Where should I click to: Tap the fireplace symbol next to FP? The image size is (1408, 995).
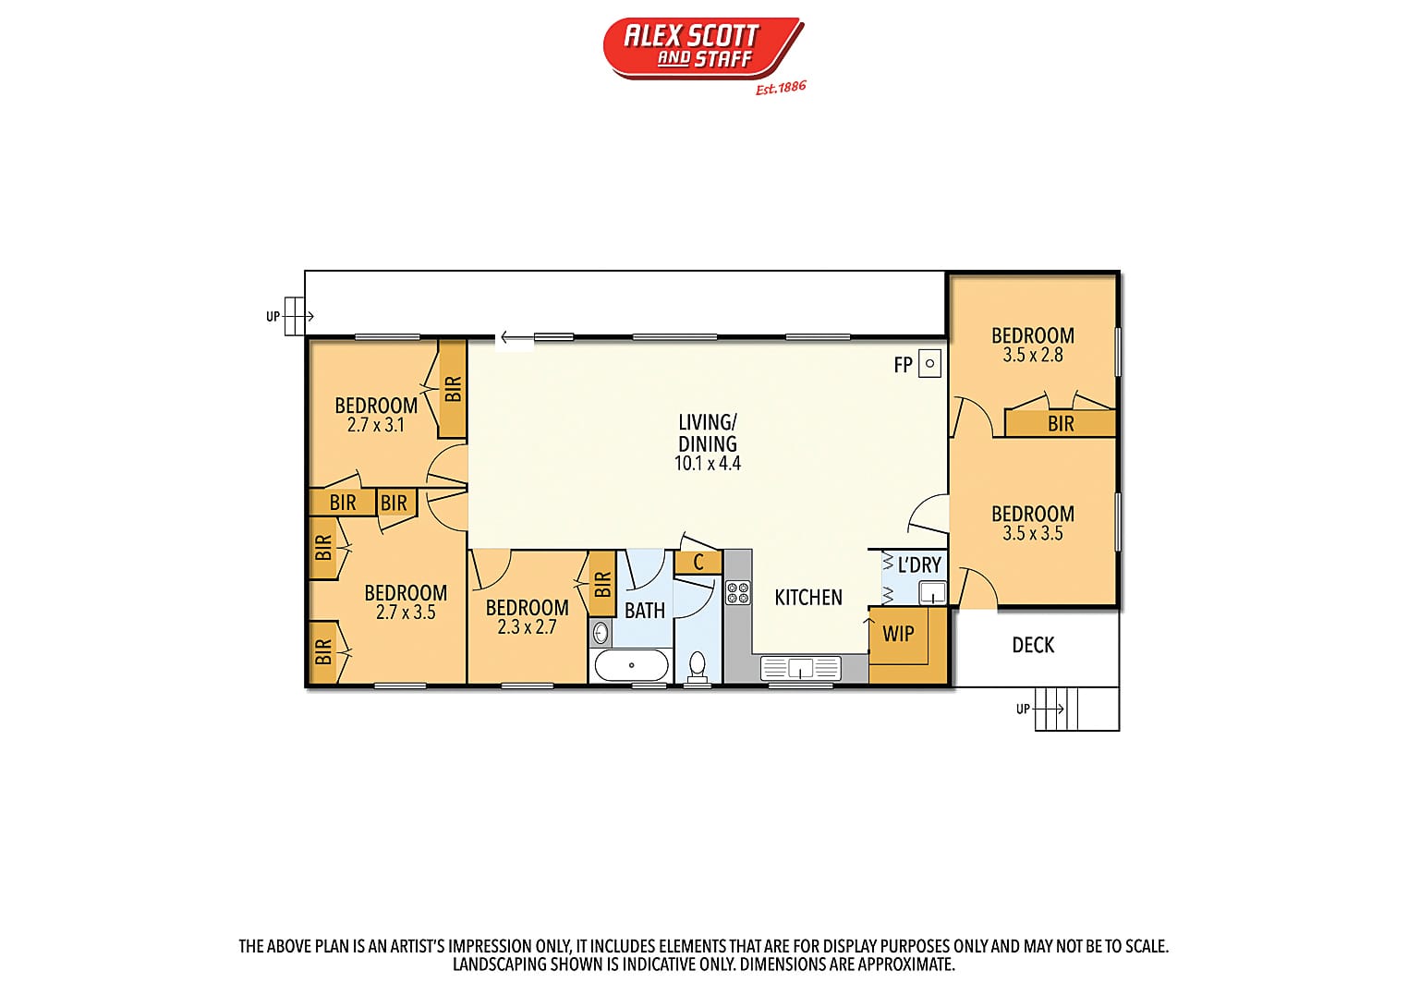click(929, 363)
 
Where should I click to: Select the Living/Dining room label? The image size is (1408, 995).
click(707, 432)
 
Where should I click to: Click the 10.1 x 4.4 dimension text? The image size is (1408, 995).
click(707, 464)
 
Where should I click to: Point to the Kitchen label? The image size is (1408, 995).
click(807, 597)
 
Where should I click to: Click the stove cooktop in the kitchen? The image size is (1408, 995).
click(737, 592)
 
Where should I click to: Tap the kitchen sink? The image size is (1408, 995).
click(800, 668)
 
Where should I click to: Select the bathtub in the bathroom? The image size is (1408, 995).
click(631, 665)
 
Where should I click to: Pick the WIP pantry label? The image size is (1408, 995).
click(898, 634)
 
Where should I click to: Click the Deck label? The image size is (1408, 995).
click(1033, 645)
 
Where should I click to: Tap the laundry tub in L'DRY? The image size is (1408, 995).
click(932, 593)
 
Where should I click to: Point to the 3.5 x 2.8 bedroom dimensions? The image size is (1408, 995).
click(1032, 355)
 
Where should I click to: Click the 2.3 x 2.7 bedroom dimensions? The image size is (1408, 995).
click(527, 627)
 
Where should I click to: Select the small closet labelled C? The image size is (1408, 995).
click(698, 562)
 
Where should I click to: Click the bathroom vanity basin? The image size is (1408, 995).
click(601, 633)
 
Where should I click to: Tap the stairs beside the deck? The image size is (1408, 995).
click(1076, 709)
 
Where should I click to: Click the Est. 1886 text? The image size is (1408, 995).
click(781, 88)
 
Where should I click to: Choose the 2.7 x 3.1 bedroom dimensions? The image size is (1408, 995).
click(375, 426)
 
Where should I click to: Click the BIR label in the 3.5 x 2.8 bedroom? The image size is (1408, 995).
click(1061, 424)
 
